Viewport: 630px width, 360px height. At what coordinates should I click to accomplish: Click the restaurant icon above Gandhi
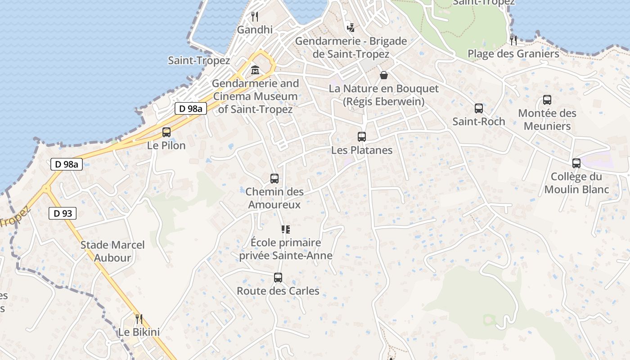255,17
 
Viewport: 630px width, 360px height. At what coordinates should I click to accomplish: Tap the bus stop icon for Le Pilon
166,132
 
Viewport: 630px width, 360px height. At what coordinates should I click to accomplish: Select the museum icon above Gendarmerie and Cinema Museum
255,70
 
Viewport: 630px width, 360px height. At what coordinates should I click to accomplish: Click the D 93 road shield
63,213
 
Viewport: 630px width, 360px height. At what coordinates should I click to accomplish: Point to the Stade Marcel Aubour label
112,252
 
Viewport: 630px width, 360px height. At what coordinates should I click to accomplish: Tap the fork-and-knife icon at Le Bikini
139,319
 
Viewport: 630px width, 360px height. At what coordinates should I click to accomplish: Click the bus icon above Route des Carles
278,278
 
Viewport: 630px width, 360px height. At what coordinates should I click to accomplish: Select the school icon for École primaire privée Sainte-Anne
285,230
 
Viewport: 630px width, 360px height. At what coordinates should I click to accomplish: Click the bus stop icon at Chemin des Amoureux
274,179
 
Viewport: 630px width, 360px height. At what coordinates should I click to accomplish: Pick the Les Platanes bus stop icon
362,137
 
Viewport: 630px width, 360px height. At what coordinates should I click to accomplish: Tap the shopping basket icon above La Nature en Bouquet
383,75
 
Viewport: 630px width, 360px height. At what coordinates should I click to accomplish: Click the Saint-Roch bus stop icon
479,108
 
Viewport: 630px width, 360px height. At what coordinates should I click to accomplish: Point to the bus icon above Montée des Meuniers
547,100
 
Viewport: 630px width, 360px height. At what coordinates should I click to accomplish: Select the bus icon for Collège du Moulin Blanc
576,163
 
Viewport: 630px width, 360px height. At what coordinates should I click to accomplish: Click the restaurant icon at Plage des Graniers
513,40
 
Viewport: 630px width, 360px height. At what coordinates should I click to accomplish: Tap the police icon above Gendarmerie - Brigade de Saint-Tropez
351,28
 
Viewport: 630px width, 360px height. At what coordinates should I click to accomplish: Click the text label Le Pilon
166,145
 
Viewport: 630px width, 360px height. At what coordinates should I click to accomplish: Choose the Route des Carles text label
278,291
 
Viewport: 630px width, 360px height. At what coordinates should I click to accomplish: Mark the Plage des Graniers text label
513,54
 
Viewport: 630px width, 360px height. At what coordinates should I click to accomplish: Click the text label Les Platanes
362,150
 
